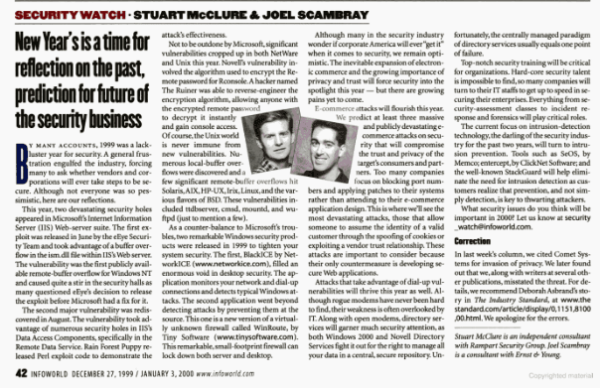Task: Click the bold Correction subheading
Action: pos(459,241)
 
